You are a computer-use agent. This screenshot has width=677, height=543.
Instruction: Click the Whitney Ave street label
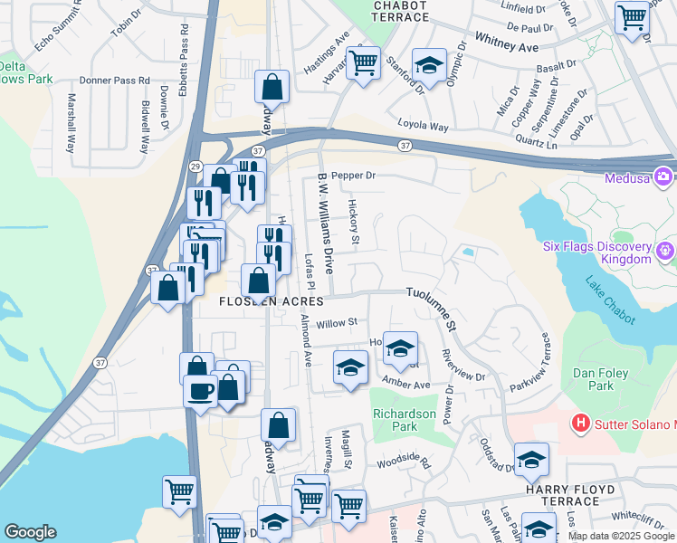coord(506,45)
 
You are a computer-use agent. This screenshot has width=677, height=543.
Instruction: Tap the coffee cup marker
coord(200,391)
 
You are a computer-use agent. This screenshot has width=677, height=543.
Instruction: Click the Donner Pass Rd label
coord(114,81)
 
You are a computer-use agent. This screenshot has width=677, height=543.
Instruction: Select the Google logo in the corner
coord(30,532)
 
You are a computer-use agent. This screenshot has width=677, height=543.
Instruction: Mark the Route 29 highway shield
coord(195,167)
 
